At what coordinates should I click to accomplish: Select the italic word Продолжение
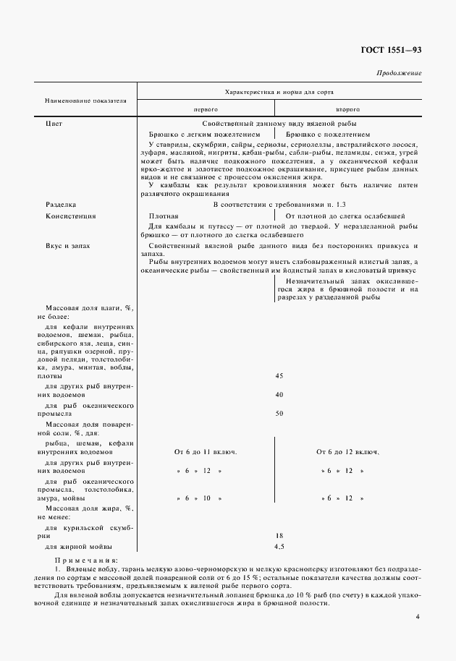pyautogui.click(x=399, y=74)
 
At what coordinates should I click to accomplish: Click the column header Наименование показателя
pyautogui.click(x=86, y=101)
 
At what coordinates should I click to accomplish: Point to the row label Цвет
pyautogui.click(x=54, y=124)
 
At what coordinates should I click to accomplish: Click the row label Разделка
pyautogui.click(x=61, y=205)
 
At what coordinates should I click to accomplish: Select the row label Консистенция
pyautogui.click(x=71, y=216)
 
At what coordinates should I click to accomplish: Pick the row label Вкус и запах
pyautogui.click(x=68, y=246)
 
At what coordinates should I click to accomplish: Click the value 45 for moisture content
pyautogui.click(x=279, y=376)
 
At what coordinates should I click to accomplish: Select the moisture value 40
pyautogui.click(x=279, y=395)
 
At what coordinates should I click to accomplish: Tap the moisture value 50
pyautogui.click(x=279, y=414)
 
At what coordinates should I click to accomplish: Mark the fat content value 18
pyautogui.click(x=279, y=535)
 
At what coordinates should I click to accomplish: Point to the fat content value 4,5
pyautogui.click(x=279, y=547)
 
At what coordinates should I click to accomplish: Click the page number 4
pyautogui.click(x=418, y=617)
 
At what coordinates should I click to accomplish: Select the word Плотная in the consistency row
pyautogui.click(x=164, y=216)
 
